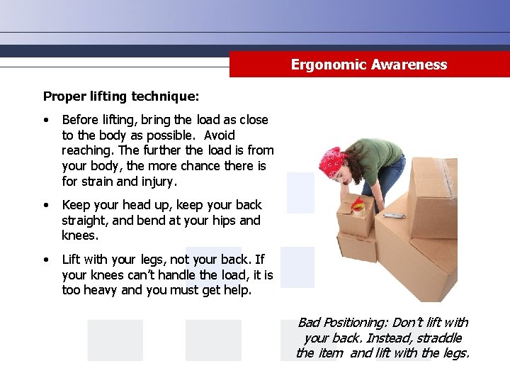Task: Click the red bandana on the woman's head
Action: (x=331, y=162)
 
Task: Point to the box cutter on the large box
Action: (x=394, y=215)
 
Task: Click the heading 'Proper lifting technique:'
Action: (x=121, y=95)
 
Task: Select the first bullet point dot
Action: (x=46, y=121)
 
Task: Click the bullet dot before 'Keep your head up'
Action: (x=46, y=206)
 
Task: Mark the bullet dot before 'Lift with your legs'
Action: (x=46, y=260)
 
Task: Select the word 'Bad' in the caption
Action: (x=310, y=323)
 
